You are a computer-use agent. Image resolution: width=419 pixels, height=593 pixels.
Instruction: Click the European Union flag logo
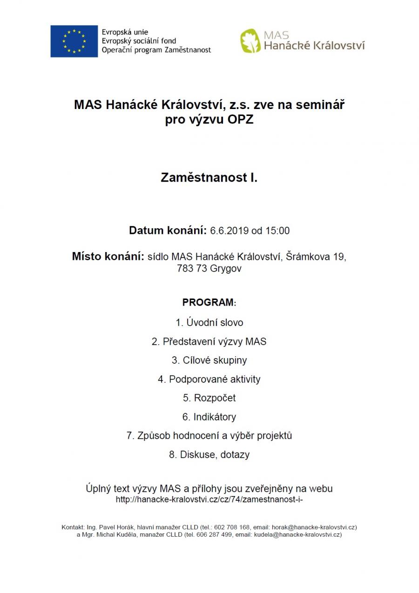tap(74, 41)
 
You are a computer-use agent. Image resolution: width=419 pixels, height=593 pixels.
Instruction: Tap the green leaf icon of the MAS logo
tap(250, 41)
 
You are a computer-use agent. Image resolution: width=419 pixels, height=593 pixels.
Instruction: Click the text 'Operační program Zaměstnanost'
tap(156, 50)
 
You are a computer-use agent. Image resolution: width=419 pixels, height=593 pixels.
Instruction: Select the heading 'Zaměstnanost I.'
tap(209, 177)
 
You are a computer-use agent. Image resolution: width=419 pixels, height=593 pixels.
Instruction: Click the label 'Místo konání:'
tap(108, 257)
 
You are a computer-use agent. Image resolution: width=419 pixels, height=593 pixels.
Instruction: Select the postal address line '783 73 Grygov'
tap(209, 269)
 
